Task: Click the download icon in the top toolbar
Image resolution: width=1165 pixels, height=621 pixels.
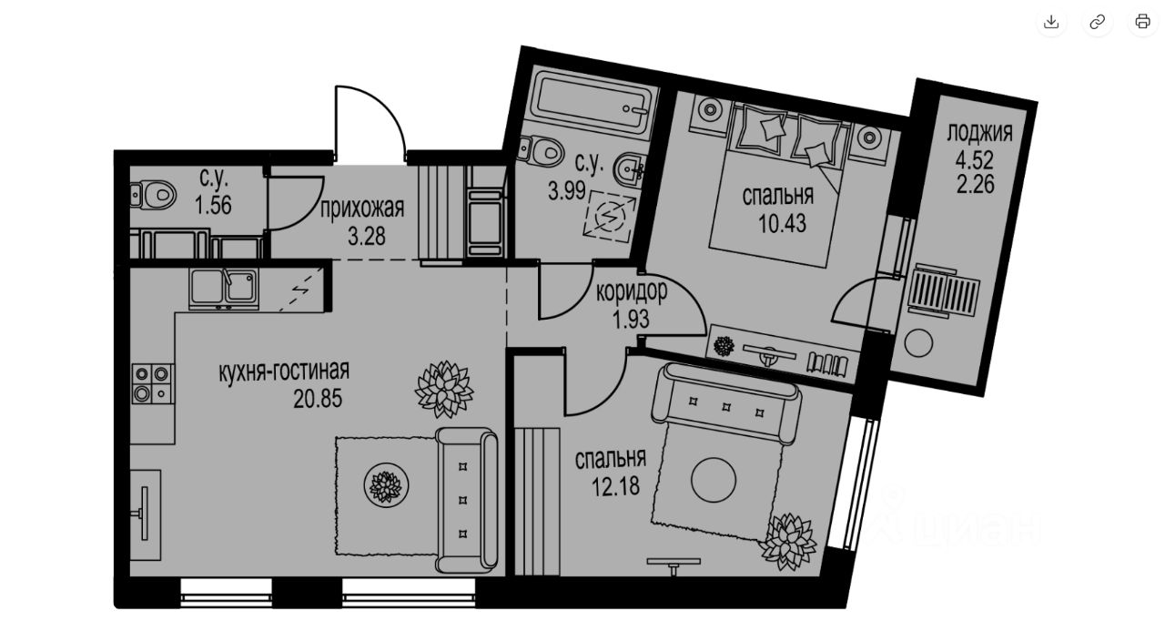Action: pos(1051,21)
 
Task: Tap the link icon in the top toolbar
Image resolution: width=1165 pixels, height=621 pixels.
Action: pos(1097,21)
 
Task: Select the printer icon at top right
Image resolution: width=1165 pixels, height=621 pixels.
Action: pos(1142,21)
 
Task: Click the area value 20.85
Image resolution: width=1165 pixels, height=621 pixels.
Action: pos(318,399)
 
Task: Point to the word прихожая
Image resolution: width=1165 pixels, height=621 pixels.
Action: pos(362,209)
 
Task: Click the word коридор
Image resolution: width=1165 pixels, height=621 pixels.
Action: pos(632,291)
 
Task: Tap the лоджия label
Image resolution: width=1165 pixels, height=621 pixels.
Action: pos(980,133)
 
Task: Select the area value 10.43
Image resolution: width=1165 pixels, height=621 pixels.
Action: pos(782,224)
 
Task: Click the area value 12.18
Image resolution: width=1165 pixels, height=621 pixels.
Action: pos(616,486)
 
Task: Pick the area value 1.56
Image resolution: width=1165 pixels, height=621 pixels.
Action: pos(213,206)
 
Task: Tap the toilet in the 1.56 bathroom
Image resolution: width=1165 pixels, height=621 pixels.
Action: pos(155,195)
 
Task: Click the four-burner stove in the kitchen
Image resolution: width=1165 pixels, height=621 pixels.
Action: pos(152,384)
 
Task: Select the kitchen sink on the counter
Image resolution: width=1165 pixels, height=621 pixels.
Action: pos(224,289)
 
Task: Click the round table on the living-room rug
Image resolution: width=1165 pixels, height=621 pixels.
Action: pos(386,485)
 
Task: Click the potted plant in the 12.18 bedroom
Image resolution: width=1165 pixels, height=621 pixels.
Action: pos(788,542)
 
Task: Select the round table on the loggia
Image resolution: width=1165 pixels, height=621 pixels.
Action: pos(918,343)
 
